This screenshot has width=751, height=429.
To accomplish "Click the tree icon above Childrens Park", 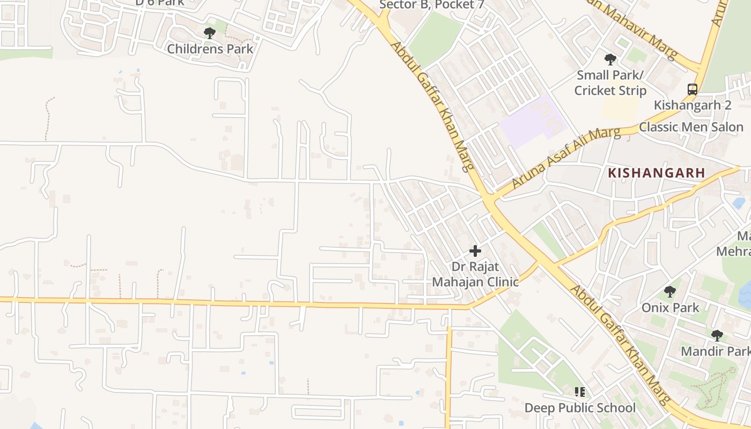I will tap(210, 33).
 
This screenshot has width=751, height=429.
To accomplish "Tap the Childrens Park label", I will tap(210, 49).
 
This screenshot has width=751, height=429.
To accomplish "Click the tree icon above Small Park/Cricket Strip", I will tap(610, 60).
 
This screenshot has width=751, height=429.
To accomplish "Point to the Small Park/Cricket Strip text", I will tap(610, 83).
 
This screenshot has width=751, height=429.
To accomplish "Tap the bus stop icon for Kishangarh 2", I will tap(693, 89).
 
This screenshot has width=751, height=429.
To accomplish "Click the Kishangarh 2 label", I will tap(692, 105).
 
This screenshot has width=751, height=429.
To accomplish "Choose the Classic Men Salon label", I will tap(691, 127).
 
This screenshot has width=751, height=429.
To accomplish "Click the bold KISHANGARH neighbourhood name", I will tap(656, 173).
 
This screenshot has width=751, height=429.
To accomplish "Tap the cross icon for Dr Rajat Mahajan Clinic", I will tap(475, 250).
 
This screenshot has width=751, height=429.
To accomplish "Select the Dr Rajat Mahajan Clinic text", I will tap(475, 274).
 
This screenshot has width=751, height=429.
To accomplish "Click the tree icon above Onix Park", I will tap(669, 292).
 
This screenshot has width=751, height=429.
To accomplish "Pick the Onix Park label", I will tap(671, 307).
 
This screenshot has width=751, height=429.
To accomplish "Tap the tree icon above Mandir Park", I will tap(717, 336).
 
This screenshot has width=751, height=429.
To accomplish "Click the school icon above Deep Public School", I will tap(579, 392).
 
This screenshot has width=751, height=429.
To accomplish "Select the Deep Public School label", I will tap(580, 408).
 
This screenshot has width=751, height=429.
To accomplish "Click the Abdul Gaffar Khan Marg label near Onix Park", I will tap(620, 343).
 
